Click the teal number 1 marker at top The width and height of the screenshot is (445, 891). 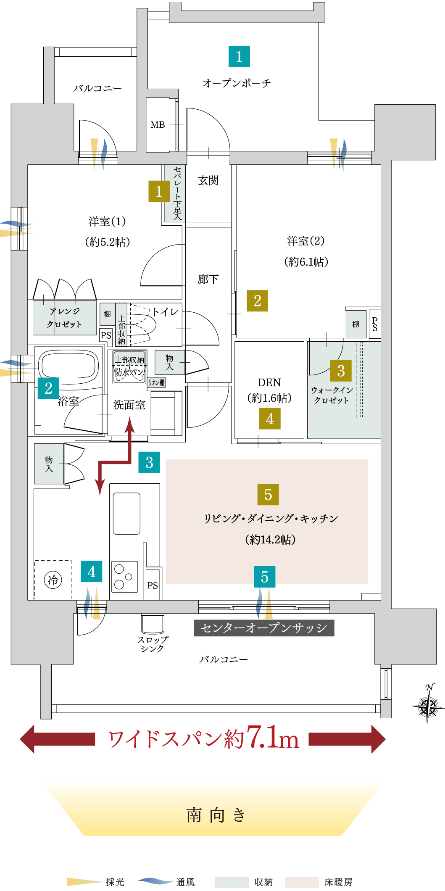point(239,57)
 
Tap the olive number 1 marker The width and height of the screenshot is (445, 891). point(159,191)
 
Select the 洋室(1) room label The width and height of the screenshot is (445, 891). point(107,222)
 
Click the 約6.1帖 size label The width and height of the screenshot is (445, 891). point(306,262)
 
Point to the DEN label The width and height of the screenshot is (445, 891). point(269,382)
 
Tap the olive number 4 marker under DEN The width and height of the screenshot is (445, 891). point(270,419)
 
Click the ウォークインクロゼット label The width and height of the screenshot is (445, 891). point(332,395)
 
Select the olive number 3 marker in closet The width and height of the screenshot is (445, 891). point(341,371)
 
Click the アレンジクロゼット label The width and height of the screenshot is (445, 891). point(64,318)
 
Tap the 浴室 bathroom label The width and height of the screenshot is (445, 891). point(68,401)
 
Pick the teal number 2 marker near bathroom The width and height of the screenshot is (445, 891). point(48,388)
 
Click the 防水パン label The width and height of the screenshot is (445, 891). point(129,372)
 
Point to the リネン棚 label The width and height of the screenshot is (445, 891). point(156,382)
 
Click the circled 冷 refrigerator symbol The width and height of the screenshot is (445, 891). point(53,580)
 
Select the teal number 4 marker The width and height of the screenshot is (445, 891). point(92,572)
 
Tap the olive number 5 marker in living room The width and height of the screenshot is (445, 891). point(268,495)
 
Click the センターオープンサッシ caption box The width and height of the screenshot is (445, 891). point(264,628)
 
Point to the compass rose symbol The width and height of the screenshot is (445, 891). point(428,706)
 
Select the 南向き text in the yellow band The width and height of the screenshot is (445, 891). point(216,815)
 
